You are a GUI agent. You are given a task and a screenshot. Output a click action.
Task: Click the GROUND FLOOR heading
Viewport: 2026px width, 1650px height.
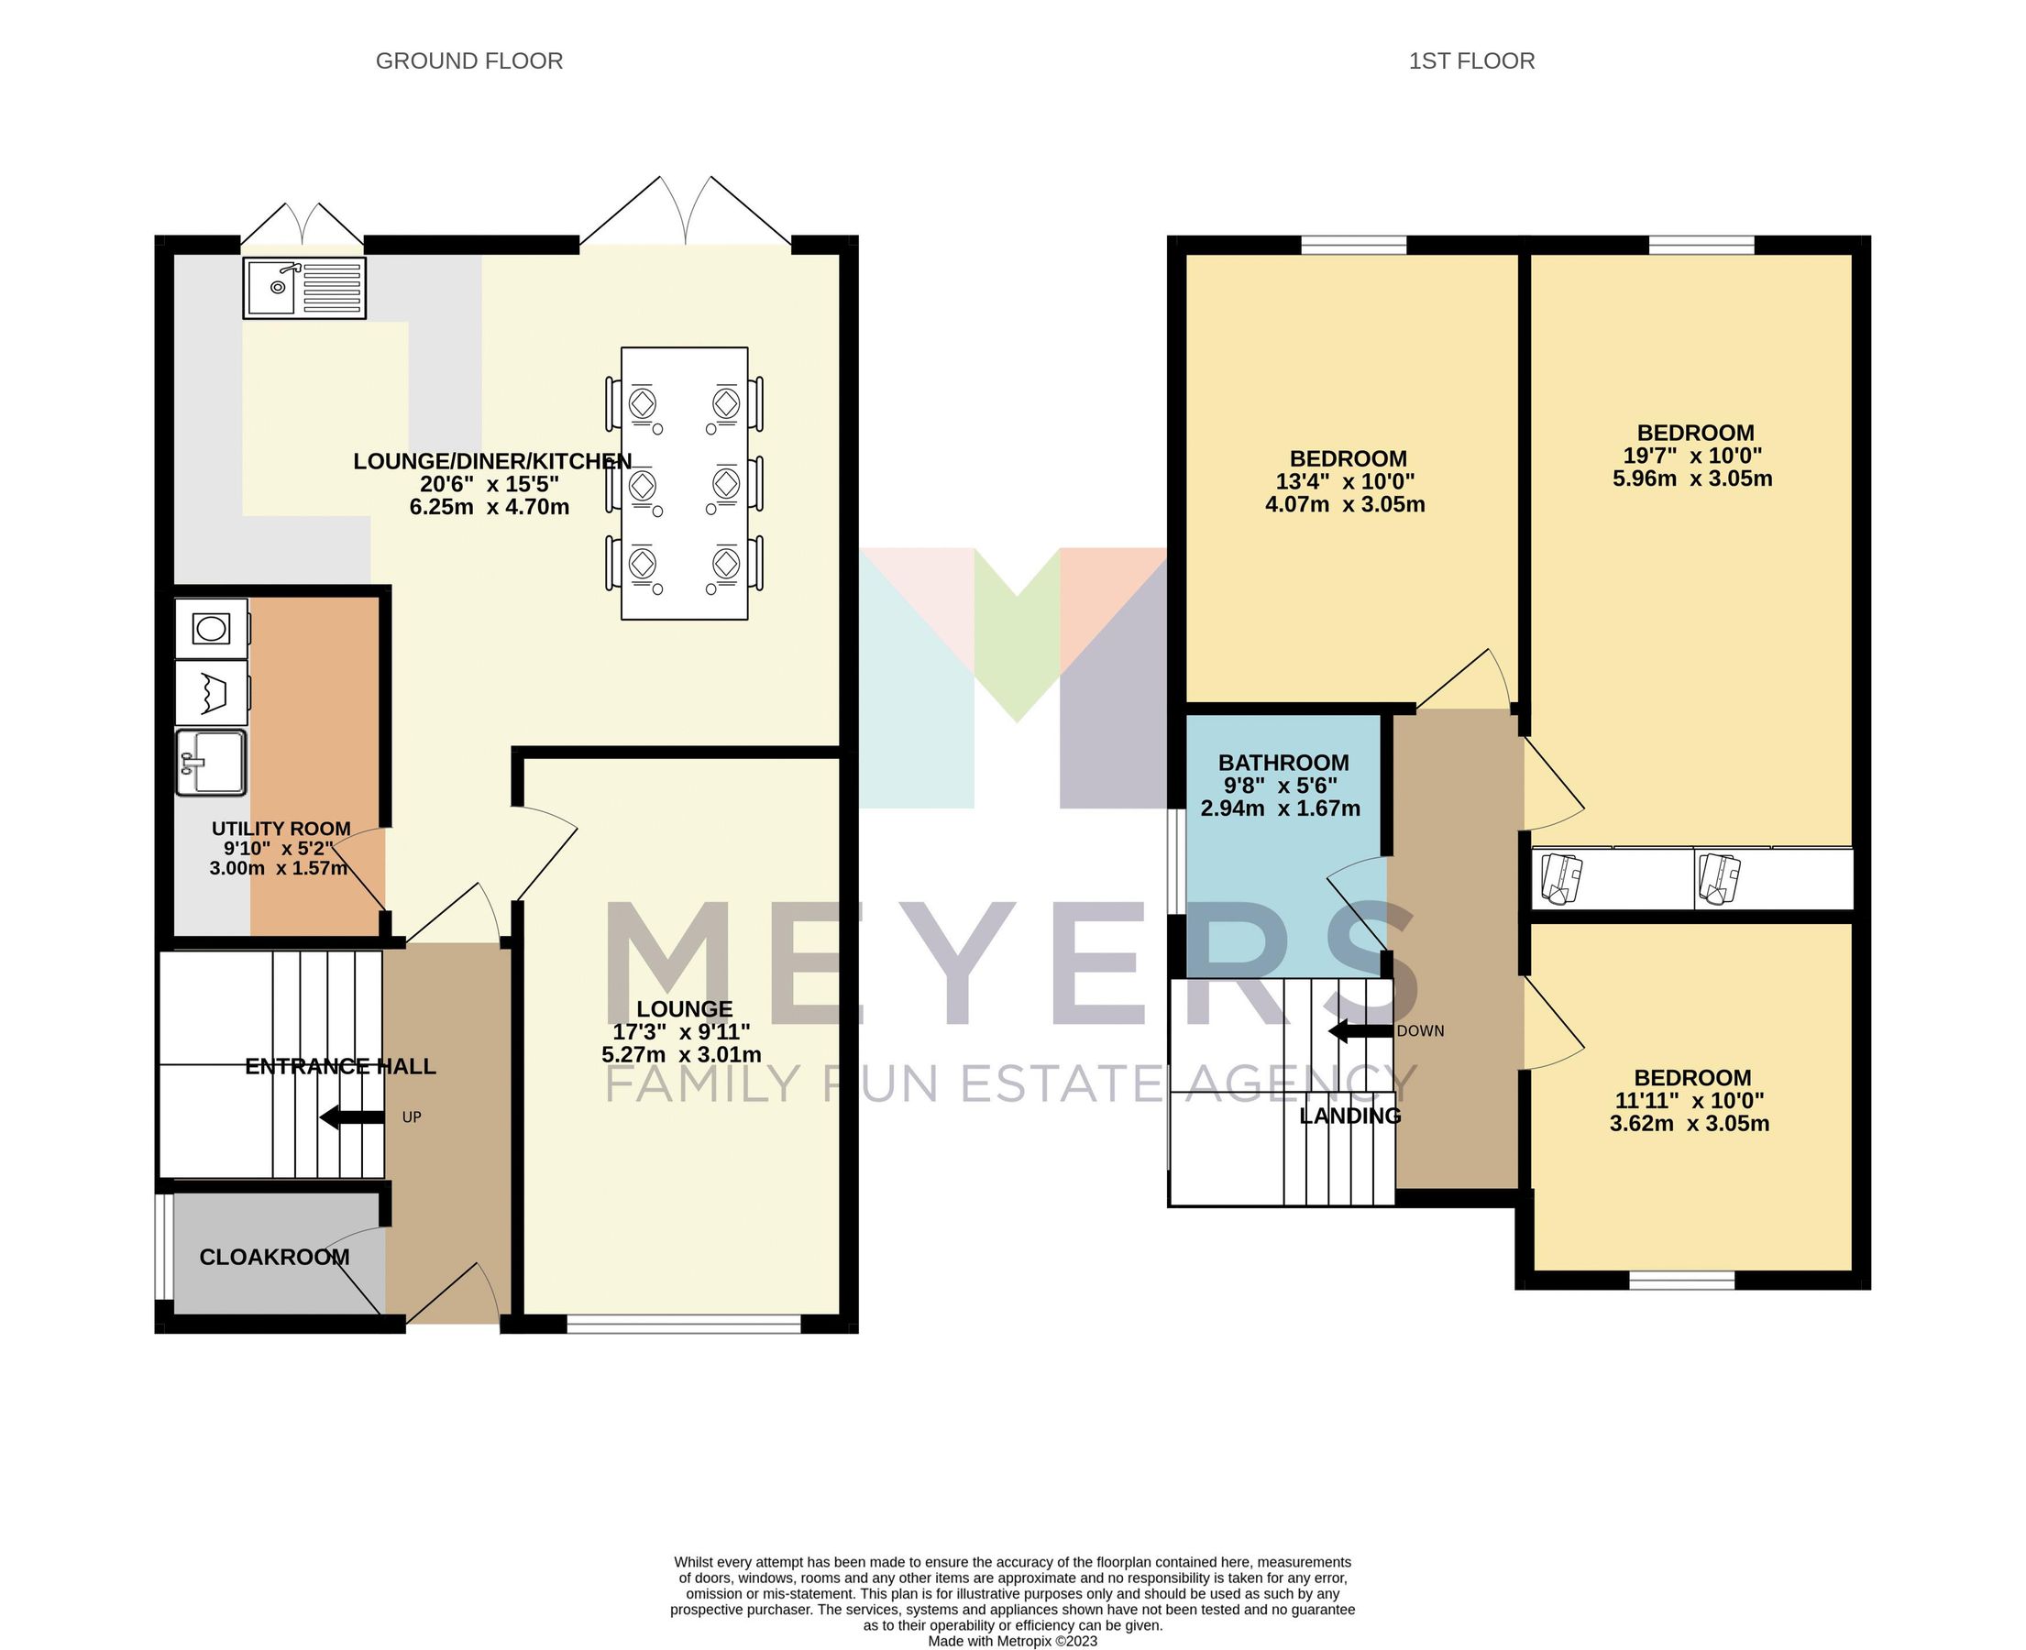(x=468, y=60)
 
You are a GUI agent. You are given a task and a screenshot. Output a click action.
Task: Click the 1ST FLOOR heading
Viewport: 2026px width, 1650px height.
(x=1470, y=60)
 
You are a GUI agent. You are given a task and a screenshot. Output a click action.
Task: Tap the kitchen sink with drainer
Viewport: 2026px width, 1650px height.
(x=304, y=288)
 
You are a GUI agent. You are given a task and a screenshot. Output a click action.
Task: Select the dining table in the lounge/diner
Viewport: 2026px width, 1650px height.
(x=684, y=483)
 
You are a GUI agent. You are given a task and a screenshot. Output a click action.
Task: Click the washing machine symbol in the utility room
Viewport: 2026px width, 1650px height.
(x=211, y=628)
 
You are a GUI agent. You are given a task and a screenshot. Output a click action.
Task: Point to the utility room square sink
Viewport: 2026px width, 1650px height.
(x=211, y=763)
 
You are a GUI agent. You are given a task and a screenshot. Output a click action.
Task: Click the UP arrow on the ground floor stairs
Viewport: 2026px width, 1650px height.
(x=352, y=1117)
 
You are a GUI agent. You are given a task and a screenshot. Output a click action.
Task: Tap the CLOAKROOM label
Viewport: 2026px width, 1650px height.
(x=275, y=1258)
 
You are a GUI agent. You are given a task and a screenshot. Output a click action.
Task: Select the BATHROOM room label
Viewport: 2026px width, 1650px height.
(x=1283, y=763)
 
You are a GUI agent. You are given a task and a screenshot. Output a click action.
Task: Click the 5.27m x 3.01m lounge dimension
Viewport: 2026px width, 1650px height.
(x=681, y=1055)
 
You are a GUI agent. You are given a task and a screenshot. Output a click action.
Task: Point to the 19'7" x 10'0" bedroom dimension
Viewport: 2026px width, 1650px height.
(x=1691, y=456)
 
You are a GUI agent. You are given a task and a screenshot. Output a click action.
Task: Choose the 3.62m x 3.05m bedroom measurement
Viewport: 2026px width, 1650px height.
(x=1689, y=1125)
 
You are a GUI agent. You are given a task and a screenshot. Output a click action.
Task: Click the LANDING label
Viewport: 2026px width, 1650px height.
(x=1349, y=1116)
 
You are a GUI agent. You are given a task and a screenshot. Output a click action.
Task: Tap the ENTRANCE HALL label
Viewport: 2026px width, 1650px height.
(x=340, y=1066)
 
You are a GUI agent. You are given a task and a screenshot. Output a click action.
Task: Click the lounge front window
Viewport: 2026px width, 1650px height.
(x=684, y=1323)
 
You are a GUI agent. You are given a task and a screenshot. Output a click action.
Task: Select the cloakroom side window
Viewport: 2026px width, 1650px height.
(x=163, y=1246)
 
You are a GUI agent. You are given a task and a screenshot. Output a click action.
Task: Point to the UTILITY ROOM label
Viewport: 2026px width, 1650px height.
(x=281, y=829)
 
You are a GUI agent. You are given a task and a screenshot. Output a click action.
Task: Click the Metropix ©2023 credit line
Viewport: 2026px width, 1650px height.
(x=1012, y=1641)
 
